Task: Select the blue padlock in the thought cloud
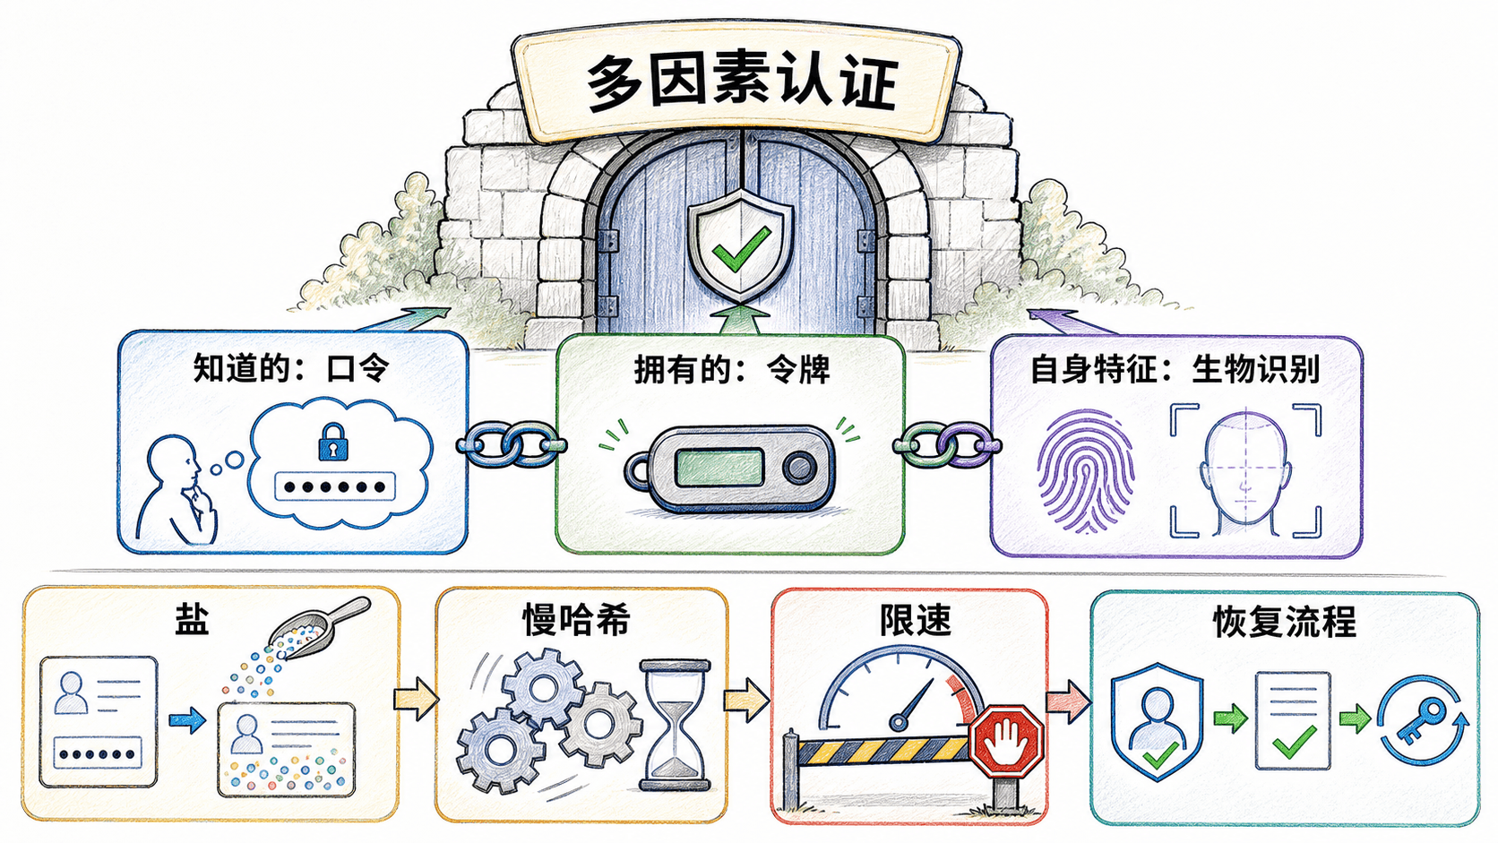coord(332,442)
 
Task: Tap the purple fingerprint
coord(1085,471)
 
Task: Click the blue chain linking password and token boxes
coord(512,443)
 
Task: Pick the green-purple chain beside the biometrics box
coord(947,444)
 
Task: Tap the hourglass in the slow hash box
coord(675,726)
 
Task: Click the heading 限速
coord(915,621)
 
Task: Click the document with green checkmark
coord(1293,720)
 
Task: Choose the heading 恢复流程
coord(1284,623)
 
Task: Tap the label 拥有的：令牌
coord(732,370)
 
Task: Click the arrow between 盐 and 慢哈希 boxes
coord(416,700)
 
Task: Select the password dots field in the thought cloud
coord(334,486)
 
